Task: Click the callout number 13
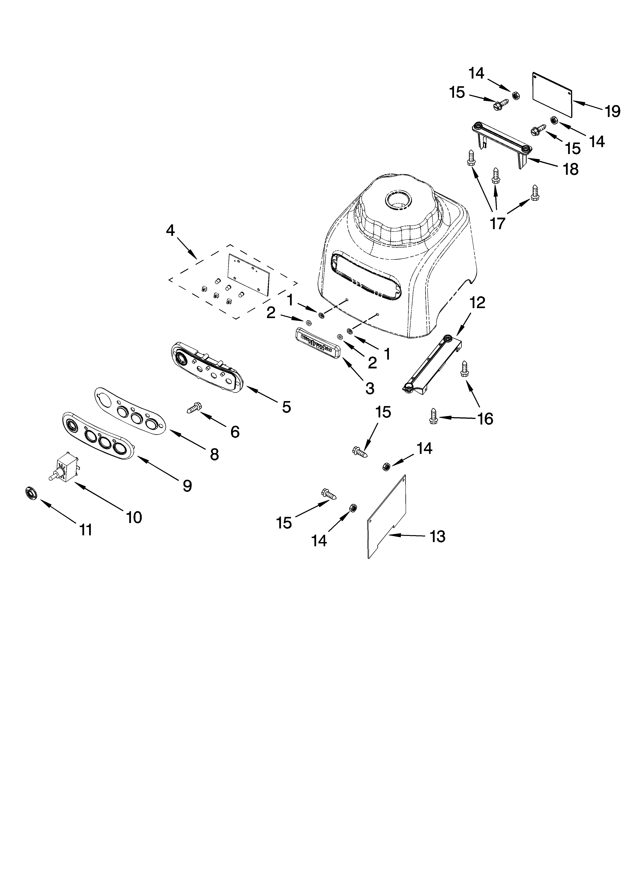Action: tap(438, 536)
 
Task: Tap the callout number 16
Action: tap(486, 419)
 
